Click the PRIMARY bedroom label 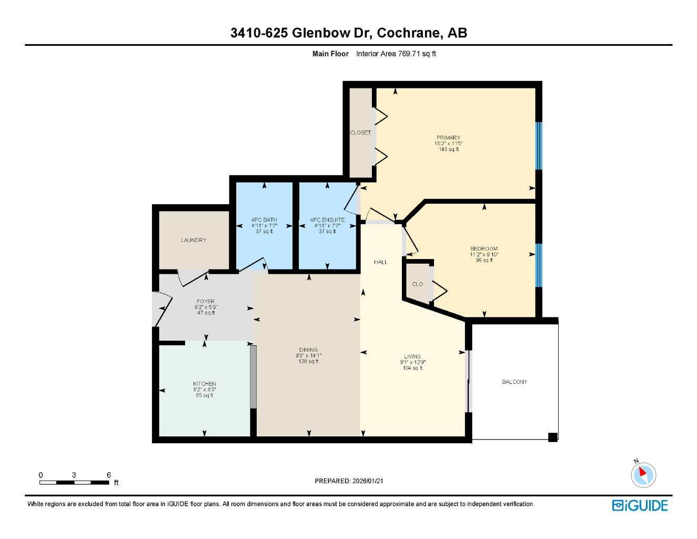pos(448,138)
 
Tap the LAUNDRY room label pos(194,241)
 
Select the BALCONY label pos(514,382)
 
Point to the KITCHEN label pos(204,384)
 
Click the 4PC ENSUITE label pos(327,220)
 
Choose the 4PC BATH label pos(264,220)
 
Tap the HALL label pos(380,262)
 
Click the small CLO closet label pos(417,284)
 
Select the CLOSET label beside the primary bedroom pos(360,133)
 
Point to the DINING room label pos(308,350)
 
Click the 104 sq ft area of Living pos(412,368)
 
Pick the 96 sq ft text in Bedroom pos(484,260)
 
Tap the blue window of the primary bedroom pos(538,146)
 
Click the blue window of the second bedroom pos(538,265)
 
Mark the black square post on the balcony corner pos(552,437)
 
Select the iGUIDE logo pos(640,505)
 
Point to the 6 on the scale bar pos(109,475)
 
